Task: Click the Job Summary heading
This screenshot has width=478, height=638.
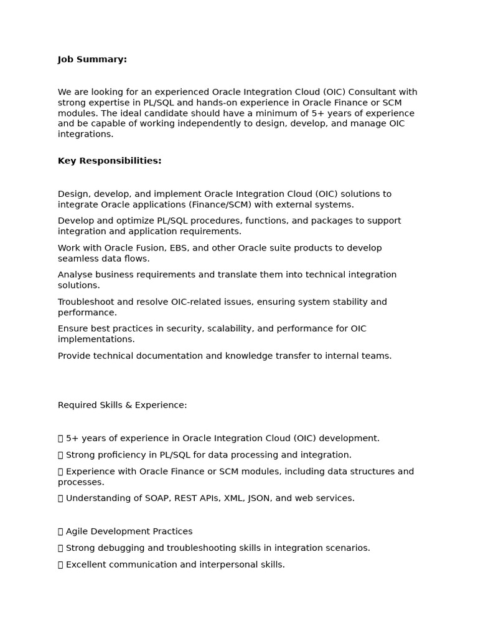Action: coord(92,59)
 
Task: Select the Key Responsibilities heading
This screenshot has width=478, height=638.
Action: coord(110,161)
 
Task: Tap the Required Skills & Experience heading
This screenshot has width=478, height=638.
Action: coord(122,405)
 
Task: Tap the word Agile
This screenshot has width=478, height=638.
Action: coord(77,531)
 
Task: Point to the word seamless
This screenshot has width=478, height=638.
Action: coord(77,259)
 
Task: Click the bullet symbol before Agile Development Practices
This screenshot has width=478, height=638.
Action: coord(60,531)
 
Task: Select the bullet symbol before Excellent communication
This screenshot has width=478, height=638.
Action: coord(60,564)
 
